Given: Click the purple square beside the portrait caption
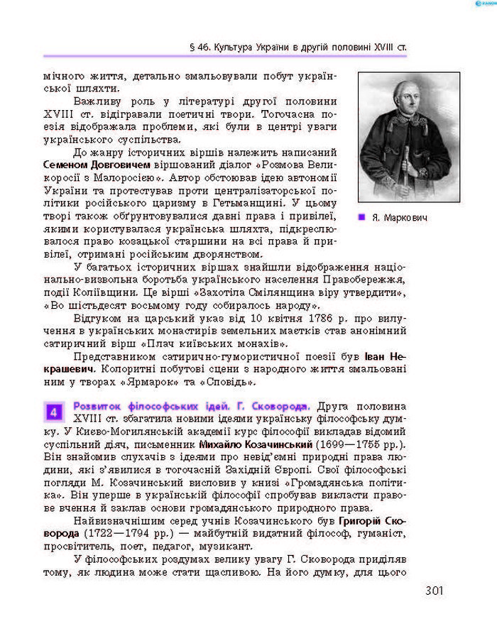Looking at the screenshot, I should (362, 216).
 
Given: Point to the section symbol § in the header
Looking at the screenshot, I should (194, 47).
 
